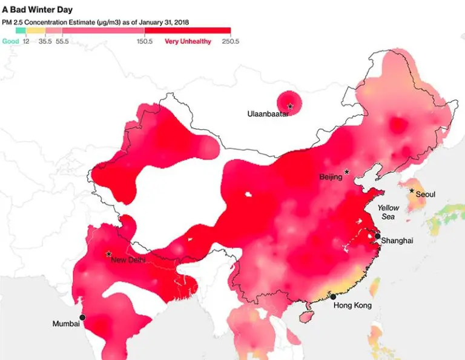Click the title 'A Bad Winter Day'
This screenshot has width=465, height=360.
pos(37,10)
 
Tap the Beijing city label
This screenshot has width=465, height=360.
pos(331,178)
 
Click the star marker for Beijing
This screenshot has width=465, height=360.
pos(347,172)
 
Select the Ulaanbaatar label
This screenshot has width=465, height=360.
pos(268,113)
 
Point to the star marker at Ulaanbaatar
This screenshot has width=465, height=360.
pos(290,107)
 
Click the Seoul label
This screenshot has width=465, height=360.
pos(426,195)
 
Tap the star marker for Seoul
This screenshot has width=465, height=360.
pos(412,191)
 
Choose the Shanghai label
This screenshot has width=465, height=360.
pos(397,241)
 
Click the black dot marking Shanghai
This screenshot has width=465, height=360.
pos(377,236)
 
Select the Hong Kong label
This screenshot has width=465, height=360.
pos(352,305)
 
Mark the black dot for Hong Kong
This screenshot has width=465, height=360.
pos(333,296)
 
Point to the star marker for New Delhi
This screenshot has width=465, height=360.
pos(108,254)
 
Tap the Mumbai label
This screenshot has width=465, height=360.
pos(66,324)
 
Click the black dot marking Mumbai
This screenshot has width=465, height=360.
pos(82,317)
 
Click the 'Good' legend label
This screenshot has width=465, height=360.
pos(10,42)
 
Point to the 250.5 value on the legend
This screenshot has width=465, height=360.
pos(230,42)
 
